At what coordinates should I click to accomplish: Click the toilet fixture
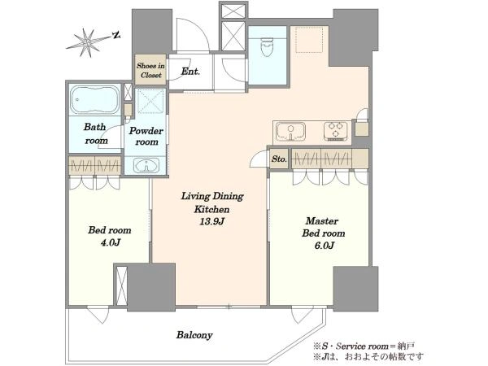point(267,47)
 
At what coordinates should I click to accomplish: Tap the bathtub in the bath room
point(94,99)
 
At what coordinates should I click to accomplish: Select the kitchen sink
point(290,132)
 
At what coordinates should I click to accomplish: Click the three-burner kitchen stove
point(335,131)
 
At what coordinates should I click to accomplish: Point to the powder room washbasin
point(146,165)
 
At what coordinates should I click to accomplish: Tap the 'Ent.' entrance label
point(190,72)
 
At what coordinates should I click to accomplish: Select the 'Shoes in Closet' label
point(150,70)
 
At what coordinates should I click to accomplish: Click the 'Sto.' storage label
point(279,159)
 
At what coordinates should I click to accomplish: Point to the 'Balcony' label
point(194,335)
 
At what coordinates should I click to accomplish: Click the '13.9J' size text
point(212,221)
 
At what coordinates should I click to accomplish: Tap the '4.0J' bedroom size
point(110,242)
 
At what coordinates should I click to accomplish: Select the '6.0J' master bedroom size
point(324,246)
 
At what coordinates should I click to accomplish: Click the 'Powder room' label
point(146,136)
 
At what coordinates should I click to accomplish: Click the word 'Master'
point(322,221)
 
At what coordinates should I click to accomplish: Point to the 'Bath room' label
point(95,133)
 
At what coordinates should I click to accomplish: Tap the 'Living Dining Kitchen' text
point(212,203)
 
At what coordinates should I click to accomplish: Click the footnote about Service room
point(364,346)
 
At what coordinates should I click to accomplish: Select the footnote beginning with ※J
point(368,355)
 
